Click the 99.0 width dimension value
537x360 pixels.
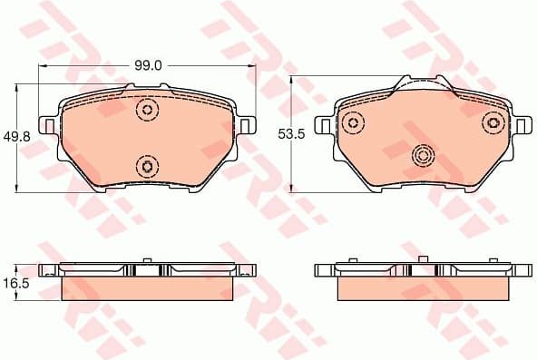click(x=147, y=66)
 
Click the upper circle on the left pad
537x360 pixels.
click(x=145, y=111)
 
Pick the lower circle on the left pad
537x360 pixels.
click(x=145, y=166)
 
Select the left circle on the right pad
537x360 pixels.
click(x=353, y=123)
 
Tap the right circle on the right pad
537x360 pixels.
click(x=493, y=123)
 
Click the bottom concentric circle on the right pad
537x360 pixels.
click(x=423, y=157)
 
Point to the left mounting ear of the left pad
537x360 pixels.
click(x=48, y=122)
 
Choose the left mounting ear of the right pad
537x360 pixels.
click(x=321, y=123)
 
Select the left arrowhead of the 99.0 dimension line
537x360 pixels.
click(x=41, y=66)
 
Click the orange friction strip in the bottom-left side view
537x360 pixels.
click(x=149, y=288)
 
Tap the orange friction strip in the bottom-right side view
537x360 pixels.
click(x=421, y=288)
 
